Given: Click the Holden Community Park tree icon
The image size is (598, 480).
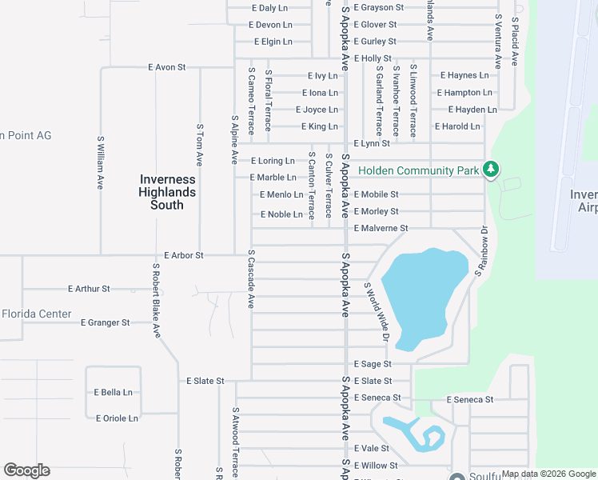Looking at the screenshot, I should (x=492, y=169).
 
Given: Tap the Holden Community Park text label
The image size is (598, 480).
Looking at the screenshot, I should (x=418, y=170).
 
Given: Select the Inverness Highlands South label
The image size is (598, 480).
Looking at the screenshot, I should (x=167, y=192).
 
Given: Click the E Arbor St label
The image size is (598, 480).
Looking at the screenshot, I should (x=184, y=255).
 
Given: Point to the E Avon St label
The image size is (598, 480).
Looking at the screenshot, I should (x=166, y=68).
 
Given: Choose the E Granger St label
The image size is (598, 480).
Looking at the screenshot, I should (x=105, y=322).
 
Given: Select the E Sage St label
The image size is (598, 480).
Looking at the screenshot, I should (x=372, y=364).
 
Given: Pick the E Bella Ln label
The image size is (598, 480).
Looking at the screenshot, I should (x=113, y=392).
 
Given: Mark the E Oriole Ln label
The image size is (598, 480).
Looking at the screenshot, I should (x=117, y=418).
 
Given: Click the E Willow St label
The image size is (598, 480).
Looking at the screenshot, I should (x=376, y=465).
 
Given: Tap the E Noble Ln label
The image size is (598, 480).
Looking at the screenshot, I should (x=281, y=214).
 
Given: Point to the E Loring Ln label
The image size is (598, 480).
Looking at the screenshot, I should (x=273, y=161).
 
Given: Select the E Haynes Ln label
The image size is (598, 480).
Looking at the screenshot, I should (x=464, y=75).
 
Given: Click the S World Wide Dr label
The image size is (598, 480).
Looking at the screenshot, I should (x=375, y=313).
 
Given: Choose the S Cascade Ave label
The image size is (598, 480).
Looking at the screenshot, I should (x=251, y=279).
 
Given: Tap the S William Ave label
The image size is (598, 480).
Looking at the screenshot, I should (x=100, y=162).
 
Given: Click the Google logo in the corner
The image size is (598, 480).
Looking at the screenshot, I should (x=26, y=470).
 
